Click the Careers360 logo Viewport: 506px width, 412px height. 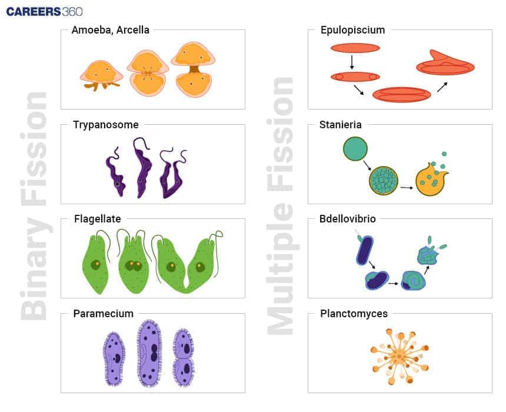click(x=44, y=11)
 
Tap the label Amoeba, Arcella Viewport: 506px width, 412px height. click(x=110, y=29)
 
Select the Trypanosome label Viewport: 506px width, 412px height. click(x=106, y=124)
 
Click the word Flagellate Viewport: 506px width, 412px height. click(x=98, y=219)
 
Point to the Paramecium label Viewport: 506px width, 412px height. click(x=103, y=313)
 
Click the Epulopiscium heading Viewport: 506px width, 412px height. click(x=352, y=29)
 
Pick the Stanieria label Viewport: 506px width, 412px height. click(x=340, y=124)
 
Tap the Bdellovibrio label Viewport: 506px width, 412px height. click(x=347, y=219)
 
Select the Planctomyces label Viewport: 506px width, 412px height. click(x=354, y=313)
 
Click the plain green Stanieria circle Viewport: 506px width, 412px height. click(x=355, y=149)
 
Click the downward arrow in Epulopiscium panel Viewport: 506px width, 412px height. click(x=351, y=62)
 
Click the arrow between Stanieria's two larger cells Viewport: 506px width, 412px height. click(x=406, y=188)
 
